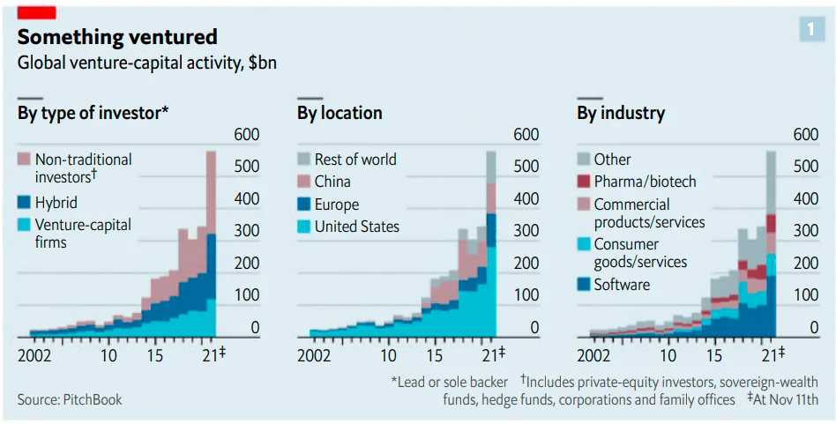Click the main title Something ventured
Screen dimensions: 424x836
[x=117, y=37]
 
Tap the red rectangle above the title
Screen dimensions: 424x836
[x=36, y=11]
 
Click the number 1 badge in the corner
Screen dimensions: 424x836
[x=811, y=30]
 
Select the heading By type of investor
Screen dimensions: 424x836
[x=93, y=113]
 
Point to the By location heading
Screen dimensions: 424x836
[x=340, y=113]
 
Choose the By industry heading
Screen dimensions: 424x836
[x=621, y=113]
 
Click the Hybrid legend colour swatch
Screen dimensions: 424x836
[x=24, y=202]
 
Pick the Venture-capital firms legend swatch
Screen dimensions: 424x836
[x=24, y=225]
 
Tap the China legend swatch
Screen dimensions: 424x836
[x=303, y=182]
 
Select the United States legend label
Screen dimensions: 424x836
[x=356, y=227]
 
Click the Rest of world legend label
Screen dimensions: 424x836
[x=355, y=160]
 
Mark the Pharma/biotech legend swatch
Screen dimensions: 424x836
[x=584, y=182]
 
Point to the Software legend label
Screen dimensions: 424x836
[x=622, y=285]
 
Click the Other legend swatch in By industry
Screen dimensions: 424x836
[x=584, y=160]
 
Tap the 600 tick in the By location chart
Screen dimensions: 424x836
[x=526, y=135]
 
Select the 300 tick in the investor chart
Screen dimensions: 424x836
[x=246, y=231]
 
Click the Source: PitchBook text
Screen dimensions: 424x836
[x=70, y=399]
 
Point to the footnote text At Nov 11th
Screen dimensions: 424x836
[x=786, y=399]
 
